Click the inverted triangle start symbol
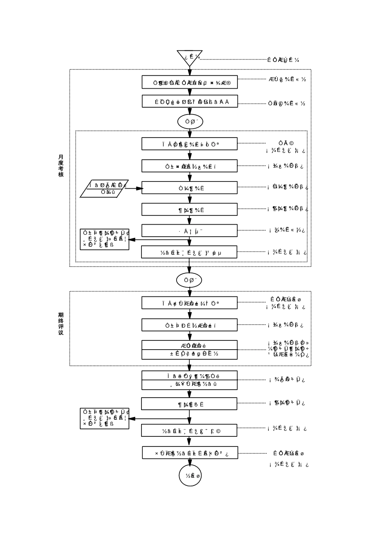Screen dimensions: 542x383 click(189, 57)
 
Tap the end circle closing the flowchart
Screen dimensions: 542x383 click(190, 475)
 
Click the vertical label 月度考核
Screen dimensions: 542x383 click(61, 166)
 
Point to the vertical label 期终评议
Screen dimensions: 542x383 click(61, 324)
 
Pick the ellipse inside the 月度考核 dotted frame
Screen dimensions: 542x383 click(190, 121)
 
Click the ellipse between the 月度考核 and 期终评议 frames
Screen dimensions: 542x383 click(189, 280)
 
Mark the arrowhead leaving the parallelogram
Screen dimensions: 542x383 click(139, 188)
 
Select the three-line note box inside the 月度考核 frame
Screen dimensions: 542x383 click(104, 239)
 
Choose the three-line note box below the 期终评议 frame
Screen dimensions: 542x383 click(104, 418)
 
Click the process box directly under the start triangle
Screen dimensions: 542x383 click(189, 82)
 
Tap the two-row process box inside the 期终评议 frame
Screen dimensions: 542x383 click(189, 350)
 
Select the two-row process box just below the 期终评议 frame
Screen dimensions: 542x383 click(189, 380)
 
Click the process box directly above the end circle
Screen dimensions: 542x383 click(190, 452)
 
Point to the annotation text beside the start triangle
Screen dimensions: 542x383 click(283, 60)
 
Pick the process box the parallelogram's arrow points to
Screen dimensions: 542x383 click(189, 188)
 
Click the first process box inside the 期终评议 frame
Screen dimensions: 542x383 click(189, 303)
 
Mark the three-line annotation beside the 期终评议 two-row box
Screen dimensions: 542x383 click(289, 349)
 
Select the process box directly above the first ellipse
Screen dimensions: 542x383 click(189, 102)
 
